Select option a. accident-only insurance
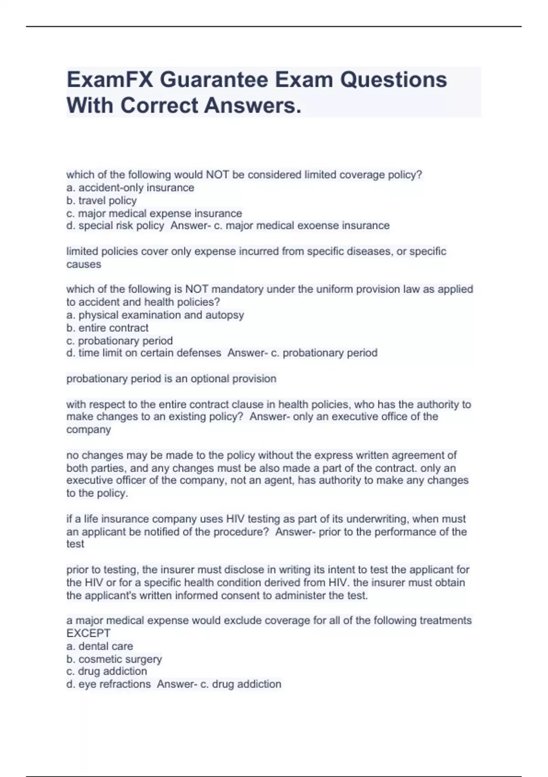tap(130, 188)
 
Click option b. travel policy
tap(101, 201)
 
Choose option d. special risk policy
tap(115, 226)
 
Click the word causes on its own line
tap(84, 264)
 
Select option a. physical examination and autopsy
tap(155, 315)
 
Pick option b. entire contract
tap(107, 328)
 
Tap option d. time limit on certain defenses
tap(144, 353)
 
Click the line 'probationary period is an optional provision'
tap(171, 379)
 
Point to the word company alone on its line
tap(89, 430)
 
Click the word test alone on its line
tap(75, 544)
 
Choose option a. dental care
tap(100, 646)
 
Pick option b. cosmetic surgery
tap(114, 659)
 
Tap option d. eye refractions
tap(109, 684)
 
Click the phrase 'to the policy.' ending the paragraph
tap(97, 493)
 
